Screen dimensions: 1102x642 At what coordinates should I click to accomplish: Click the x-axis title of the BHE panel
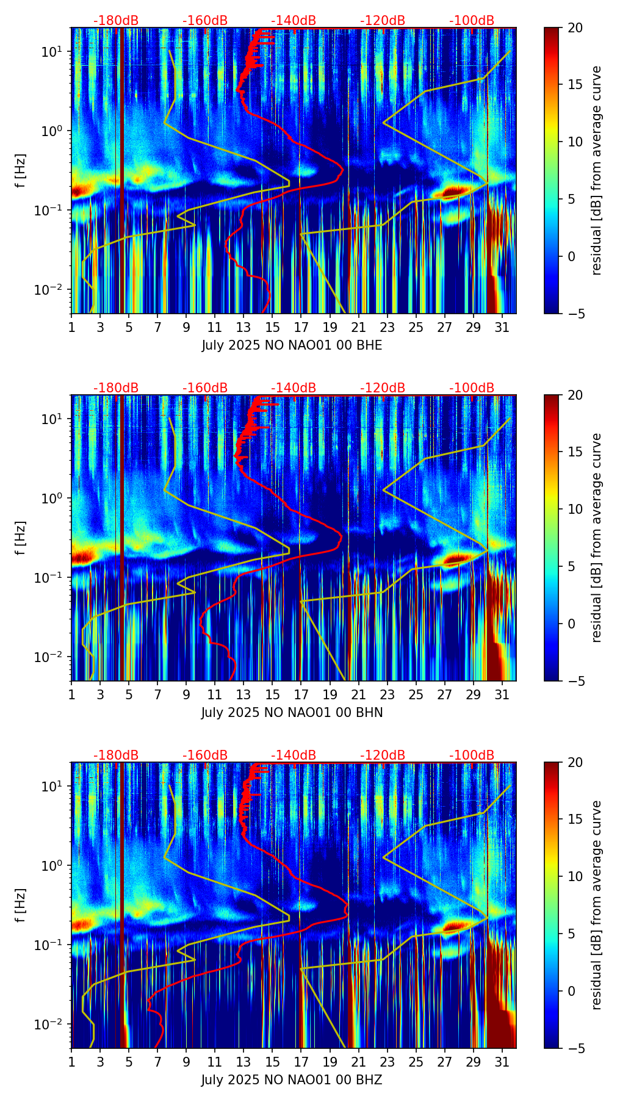292,345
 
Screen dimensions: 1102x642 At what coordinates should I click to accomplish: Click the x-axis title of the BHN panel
292,713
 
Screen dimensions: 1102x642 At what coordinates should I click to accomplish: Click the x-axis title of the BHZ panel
292,1080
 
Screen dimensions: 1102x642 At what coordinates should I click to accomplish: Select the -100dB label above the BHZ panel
472,755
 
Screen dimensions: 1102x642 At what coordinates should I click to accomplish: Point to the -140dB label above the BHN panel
294,388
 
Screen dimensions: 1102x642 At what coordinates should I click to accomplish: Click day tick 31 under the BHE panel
502,327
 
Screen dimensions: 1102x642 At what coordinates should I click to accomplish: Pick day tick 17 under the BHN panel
301,694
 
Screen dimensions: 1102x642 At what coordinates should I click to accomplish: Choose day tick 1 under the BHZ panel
72,1062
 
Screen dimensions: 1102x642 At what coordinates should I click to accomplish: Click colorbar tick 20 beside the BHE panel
575,28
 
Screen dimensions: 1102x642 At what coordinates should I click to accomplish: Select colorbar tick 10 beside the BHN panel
575,509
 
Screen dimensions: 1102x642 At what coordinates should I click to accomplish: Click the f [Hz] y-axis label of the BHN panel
21,538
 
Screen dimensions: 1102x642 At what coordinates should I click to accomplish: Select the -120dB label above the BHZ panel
383,755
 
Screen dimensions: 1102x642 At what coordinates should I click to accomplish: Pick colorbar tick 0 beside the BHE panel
572,256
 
